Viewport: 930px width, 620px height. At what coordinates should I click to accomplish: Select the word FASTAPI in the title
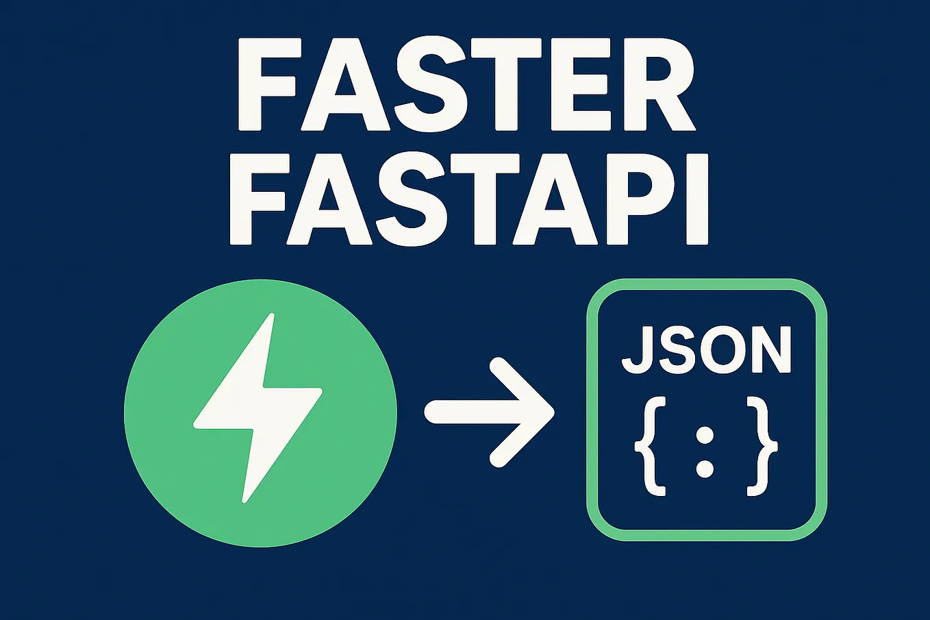[468, 199]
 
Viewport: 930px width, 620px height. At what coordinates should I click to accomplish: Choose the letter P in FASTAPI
[640, 199]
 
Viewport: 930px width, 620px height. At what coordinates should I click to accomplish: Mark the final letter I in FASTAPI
[696, 199]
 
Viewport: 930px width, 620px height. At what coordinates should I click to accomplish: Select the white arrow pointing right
[490, 412]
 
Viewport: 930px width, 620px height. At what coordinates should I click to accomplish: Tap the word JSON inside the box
[706, 350]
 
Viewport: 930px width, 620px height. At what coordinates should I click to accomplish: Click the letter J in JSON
[636, 350]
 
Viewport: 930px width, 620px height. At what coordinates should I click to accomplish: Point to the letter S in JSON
[676, 350]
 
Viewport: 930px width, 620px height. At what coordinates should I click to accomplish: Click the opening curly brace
[650, 446]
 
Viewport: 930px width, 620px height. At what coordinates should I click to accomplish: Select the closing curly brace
[762, 446]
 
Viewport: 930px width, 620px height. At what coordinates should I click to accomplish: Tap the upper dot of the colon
[705, 434]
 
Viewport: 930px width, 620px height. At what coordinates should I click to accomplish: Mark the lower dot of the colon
[705, 469]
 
